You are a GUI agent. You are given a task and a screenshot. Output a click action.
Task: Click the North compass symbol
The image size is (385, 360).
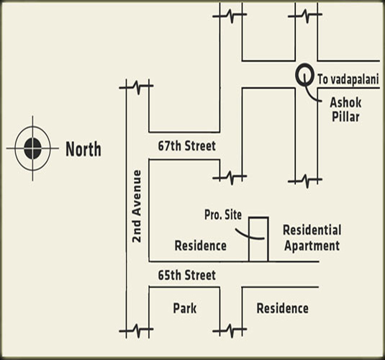coord(32,148)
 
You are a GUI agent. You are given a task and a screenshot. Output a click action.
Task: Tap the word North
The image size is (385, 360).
coord(83,149)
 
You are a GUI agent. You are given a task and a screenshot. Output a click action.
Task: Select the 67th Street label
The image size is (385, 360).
coord(187,145)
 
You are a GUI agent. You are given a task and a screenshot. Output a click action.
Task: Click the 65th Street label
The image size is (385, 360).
coord(187,275)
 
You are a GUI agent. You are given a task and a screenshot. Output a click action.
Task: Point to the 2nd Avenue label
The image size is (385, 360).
coord(137,207)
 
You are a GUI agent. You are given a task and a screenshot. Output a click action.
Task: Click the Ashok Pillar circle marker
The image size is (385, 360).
coord(304,74)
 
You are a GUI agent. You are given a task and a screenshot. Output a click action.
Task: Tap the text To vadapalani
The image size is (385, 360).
coord(348,79)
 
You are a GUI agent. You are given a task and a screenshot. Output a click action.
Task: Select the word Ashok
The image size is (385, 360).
coord(345,102)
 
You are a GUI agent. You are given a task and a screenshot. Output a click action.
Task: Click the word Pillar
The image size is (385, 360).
coord(345,117)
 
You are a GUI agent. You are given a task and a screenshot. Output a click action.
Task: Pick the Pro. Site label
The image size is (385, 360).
coord(223,215)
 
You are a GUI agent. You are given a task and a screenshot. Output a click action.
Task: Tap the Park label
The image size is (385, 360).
coord(185,308)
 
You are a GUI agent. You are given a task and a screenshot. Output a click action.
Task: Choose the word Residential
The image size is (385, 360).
coord(312,230)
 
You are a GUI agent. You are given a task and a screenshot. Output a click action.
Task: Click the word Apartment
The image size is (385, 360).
coord(312,246)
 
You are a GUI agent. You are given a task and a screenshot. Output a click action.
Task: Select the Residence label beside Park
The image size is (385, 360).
coord(282,308)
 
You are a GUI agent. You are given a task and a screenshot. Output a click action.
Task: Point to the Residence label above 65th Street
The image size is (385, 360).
coord(200,246)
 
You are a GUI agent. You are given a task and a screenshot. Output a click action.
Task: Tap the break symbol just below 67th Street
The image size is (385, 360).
coord(230,177)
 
